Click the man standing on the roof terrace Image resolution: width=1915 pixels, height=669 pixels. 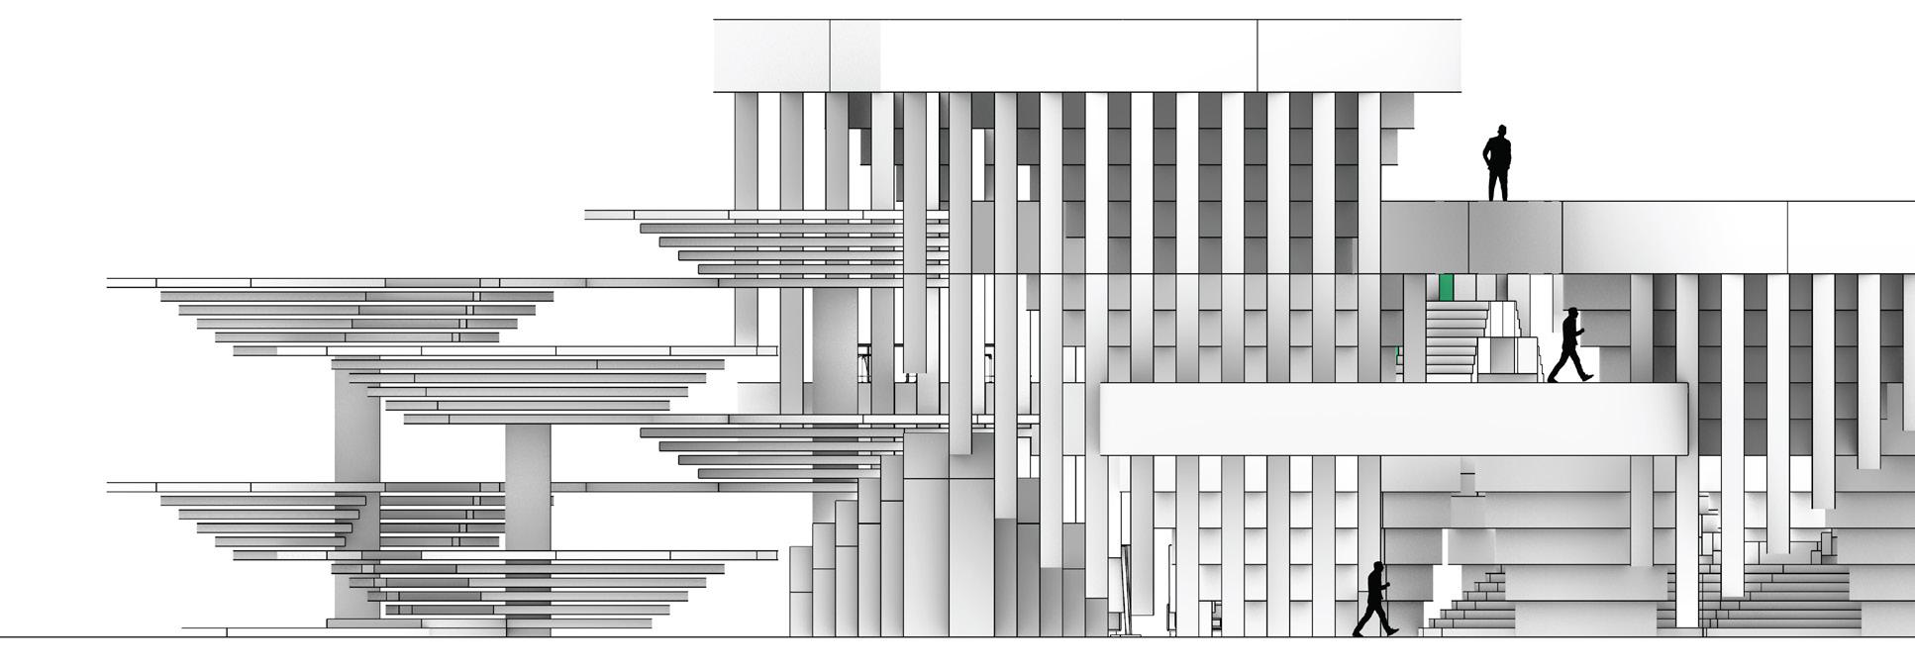point(1496,163)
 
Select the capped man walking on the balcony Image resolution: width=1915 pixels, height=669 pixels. point(1567,345)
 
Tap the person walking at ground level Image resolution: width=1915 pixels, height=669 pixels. point(1374,599)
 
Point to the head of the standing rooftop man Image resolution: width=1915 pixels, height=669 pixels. point(1501,132)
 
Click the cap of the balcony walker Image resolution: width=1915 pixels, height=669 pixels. point(1570,311)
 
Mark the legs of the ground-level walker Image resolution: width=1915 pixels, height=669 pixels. point(1373,620)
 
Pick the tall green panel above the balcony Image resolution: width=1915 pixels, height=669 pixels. point(1446,287)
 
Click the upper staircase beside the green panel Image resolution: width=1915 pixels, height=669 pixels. point(1456,336)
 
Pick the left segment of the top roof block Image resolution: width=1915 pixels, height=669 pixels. point(771,55)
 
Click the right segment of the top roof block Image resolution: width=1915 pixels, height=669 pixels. point(1358,55)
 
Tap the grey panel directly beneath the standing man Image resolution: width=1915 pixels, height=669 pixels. point(1515,238)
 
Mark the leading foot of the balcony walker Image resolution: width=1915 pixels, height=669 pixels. point(1586,376)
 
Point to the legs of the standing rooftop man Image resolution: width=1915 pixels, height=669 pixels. point(1498,184)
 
